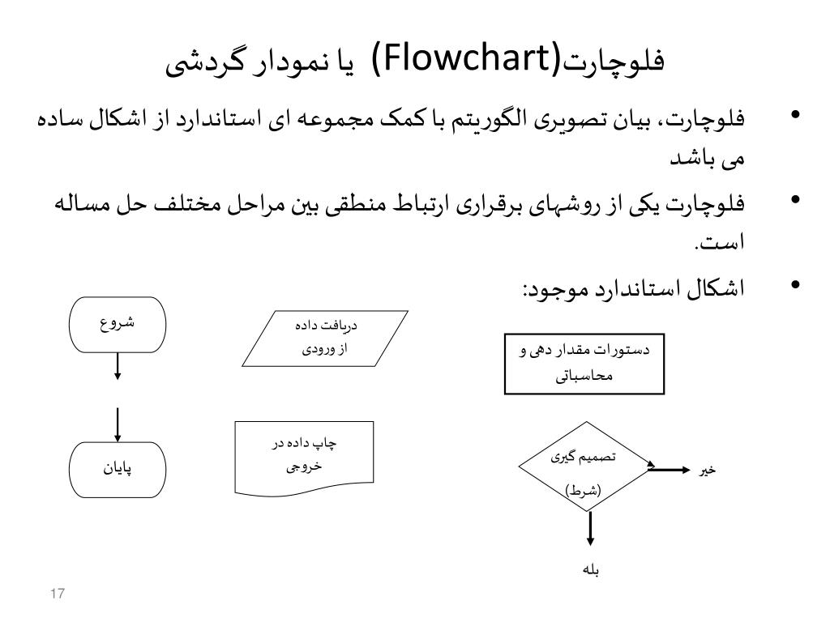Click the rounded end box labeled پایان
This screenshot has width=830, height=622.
click(x=118, y=469)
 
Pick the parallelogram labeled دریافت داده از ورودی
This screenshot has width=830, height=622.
click(x=323, y=339)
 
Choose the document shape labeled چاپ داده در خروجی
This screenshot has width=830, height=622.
click(x=304, y=456)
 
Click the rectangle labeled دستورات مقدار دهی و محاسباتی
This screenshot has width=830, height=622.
click(x=584, y=363)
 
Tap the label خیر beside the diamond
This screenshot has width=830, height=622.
click(x=708, y=470)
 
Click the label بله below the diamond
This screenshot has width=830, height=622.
click(x=590, y=569)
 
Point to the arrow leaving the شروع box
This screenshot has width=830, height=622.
click(x=118, y=365)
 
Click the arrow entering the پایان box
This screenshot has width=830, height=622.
click(x=118, y=424)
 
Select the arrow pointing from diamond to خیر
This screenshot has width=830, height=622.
click(x=670, y=469)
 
